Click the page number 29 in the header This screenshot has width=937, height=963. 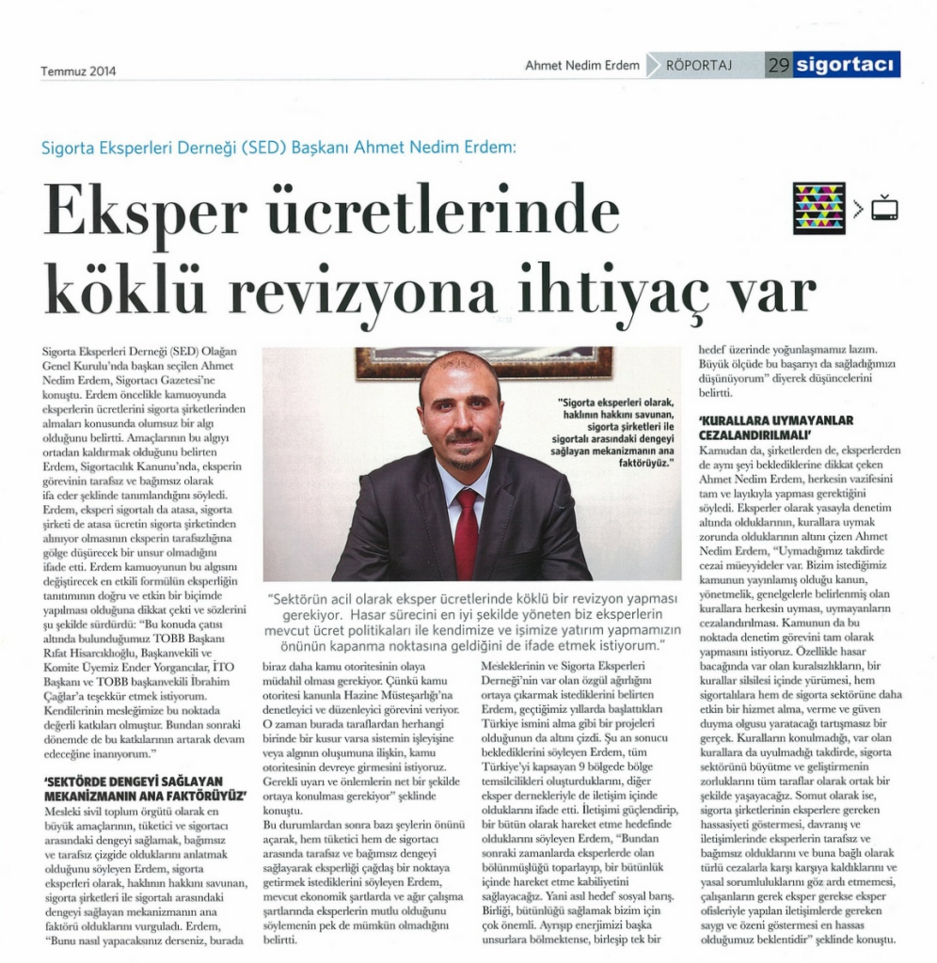coord(778,65)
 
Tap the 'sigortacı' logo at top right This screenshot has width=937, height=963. coord(847,65)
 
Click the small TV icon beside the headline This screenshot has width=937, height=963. coord(884,208)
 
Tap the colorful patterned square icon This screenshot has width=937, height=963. coord(819,208)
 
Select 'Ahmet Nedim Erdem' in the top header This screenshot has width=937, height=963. coord(582,66)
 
